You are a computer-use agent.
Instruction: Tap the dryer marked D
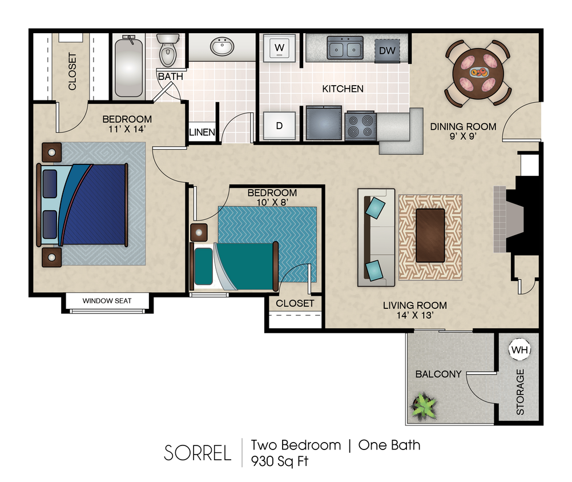280,126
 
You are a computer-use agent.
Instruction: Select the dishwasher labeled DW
387,51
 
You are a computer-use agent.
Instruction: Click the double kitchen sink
345,47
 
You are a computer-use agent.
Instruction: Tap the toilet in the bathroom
168,50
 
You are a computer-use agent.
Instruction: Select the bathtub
128,66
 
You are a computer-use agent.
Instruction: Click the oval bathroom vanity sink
221,46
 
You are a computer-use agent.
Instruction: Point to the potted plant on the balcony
424,407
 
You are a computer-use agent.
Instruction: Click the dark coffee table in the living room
430,235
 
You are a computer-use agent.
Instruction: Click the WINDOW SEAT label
107,301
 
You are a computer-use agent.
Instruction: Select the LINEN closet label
202,132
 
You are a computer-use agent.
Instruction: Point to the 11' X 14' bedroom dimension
127,130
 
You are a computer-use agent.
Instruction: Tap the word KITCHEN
343,89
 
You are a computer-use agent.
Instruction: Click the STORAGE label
519,392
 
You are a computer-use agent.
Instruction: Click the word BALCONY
438,374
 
